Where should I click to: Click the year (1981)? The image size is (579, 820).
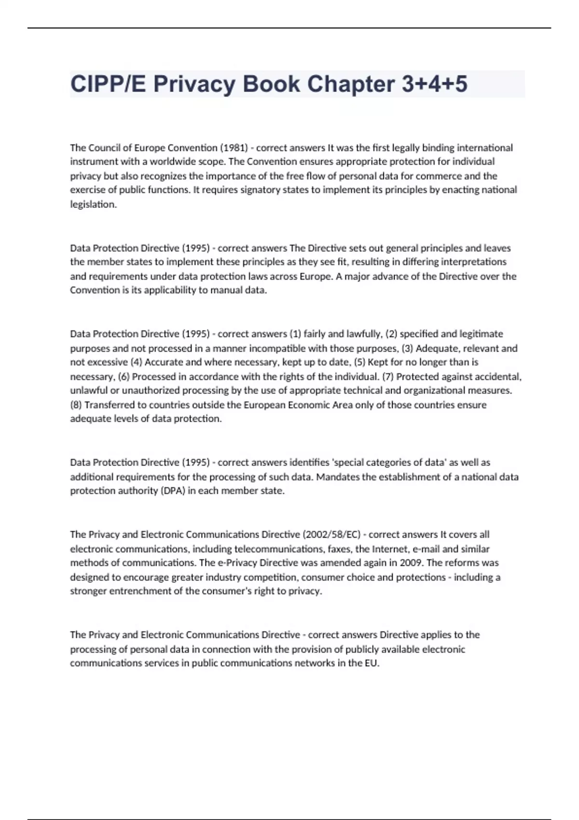tap(234, 148)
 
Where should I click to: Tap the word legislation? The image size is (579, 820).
tap(93, 205)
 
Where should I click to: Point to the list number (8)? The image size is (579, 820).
tap(76, 405)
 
